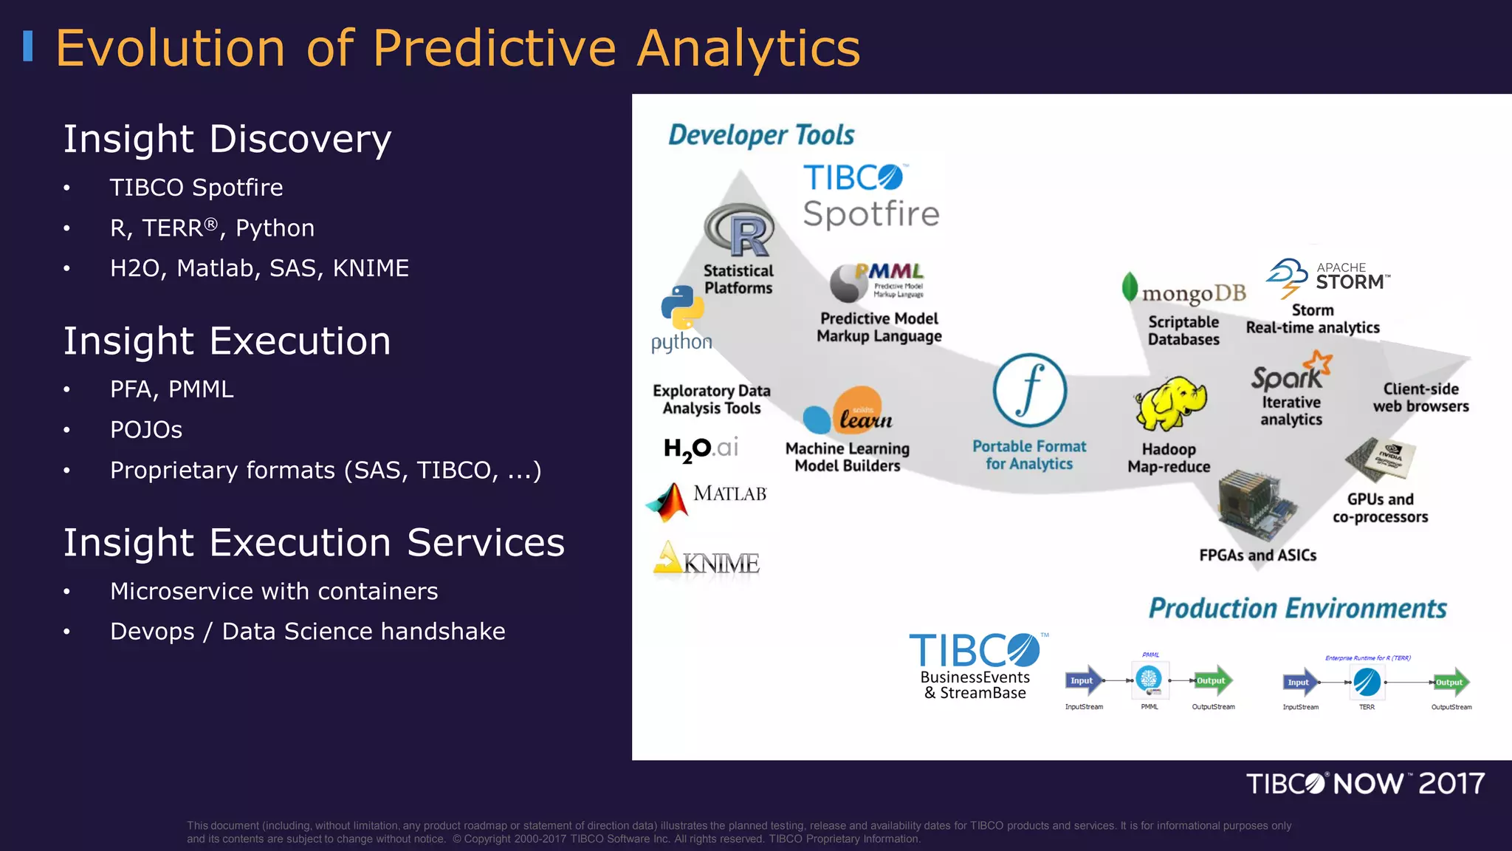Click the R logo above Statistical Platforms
(740, 230)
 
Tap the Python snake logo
(682, 307)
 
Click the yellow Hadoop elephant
(1170, 404)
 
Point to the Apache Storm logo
(1327, 277)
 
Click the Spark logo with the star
(1291, 373)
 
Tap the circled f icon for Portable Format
(1029, 391)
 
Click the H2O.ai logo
(701, 448)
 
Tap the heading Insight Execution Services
(314, 542)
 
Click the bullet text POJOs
(146, 430)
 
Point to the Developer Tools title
(761, 135)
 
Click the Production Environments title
(1297, 609)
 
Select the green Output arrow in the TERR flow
(1450, 683)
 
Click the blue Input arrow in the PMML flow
(1083, 681)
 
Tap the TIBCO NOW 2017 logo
(1365, 784)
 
